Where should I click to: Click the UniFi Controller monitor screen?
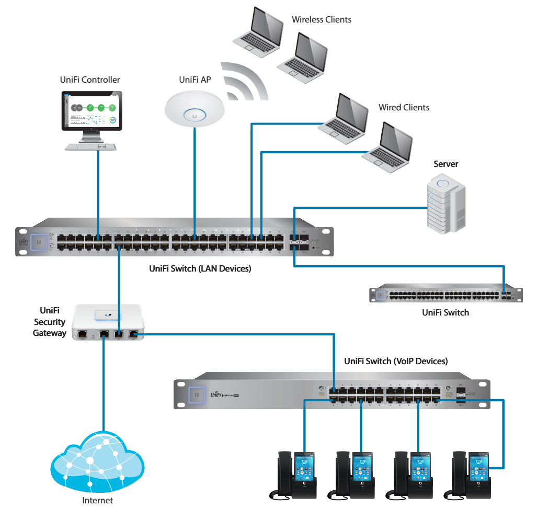pyautogui.click(x=90, y=110)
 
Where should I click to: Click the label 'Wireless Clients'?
pyautogui.click(x=321, y=20)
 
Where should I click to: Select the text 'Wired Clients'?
pyautogui.click(x=404, y=107)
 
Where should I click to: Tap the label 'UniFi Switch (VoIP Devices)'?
pyautogui.click(x=396, y=361)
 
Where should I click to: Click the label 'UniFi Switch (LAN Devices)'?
pyautogui.click(x=200, y=269)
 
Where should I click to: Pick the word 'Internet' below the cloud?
pyautogui.click(x=97, y=500)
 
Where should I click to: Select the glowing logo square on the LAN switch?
pyautogui.click(x=38, y=242)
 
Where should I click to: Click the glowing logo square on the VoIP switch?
pyautogui.click(x=197, y=395)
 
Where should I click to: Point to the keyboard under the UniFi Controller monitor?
pyautogui.click(x=90, y=148)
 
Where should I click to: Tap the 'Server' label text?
pyautogui.click(x=445, y=164)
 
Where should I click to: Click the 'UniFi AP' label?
pyautogui.click(x=195, y=80)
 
